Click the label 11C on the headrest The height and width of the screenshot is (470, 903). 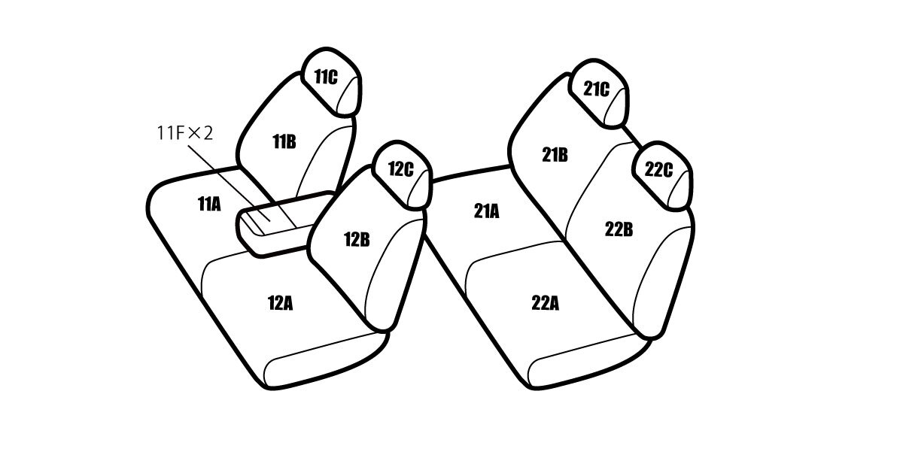click(326, 77)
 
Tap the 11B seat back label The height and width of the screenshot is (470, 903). click(284, 142)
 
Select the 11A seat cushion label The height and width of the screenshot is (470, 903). click(209, 205)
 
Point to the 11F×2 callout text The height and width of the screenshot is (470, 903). click(184, 133)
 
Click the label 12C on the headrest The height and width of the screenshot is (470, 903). click(400, 169)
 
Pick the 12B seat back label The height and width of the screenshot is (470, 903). click(357, 240)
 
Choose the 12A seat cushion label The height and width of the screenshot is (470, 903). click(280, 303)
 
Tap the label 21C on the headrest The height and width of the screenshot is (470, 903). click(596, 89)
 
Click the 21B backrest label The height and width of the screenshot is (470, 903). click(555, 155)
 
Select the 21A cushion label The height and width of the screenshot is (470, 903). click(487, 211)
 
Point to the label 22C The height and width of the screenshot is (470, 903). click(658, 169)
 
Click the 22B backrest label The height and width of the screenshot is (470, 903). click(619, 229)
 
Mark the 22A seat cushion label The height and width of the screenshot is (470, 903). click(545, 303)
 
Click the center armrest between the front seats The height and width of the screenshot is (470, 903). click(282, 223)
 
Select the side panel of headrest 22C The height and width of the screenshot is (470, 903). click(680, 190)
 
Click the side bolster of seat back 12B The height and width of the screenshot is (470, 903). click(393, 274)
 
